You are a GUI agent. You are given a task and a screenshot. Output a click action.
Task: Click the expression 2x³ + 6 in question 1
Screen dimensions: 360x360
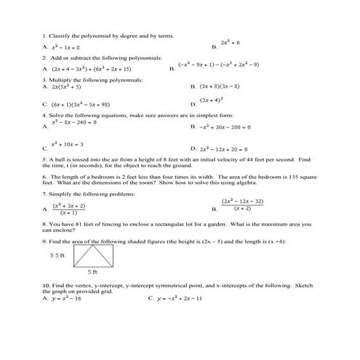point(234,43)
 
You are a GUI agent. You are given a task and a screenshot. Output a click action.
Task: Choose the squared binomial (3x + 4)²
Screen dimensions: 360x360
point(212,100)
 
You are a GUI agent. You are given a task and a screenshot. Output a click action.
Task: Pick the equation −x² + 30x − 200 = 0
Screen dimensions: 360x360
point(225,127)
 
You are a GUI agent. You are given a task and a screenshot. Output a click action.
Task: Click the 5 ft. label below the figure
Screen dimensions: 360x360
point(93,272)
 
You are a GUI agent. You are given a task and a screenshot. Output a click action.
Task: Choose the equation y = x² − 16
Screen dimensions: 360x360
point(66,298)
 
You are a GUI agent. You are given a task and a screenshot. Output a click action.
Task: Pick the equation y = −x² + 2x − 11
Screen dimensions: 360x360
point(179,298)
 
